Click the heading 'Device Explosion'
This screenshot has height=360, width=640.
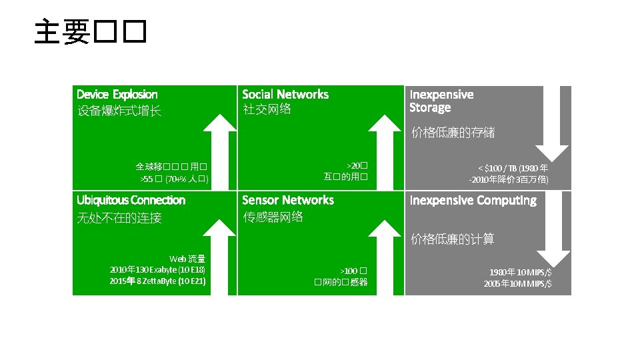(117, 95)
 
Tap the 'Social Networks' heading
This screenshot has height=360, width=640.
(285, 95)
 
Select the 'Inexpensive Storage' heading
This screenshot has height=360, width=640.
(441, 101)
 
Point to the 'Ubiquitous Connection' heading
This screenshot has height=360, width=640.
(131, 201)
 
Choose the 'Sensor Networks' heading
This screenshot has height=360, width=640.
(288, 200)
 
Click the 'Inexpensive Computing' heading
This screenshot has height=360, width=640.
(473, 201)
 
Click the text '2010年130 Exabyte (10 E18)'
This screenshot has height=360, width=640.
(157, 270)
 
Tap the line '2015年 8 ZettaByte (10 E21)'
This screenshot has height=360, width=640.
(157, 281)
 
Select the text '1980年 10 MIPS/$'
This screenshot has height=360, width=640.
(520, 273)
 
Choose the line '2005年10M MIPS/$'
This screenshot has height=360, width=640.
(518, 284)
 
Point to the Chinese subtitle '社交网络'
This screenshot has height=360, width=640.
(267, 109)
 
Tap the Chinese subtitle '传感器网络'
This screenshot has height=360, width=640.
(273, 217)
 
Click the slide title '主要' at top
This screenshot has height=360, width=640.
(89, 31)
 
